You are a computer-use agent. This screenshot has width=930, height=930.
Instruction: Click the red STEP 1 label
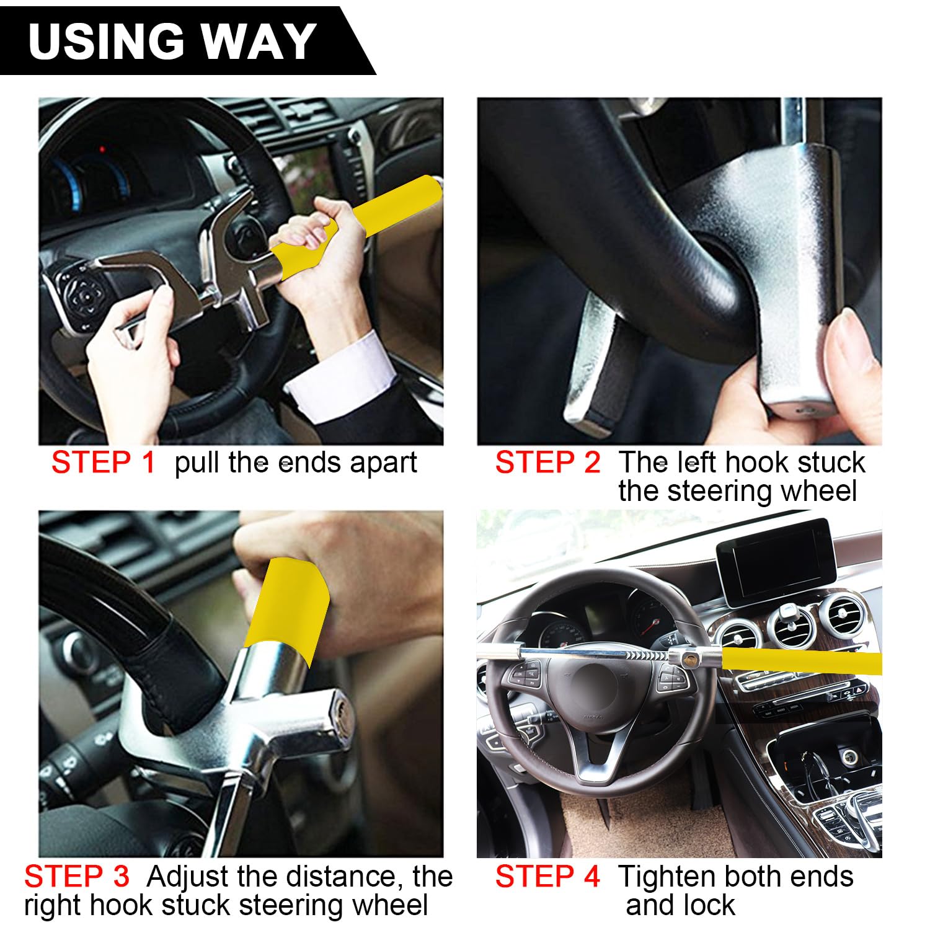click(103, 463)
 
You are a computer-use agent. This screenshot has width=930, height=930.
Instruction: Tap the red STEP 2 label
click(547, 463)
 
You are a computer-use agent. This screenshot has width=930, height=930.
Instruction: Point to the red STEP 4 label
click(547, 877)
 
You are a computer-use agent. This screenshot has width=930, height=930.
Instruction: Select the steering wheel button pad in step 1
click(84, 291)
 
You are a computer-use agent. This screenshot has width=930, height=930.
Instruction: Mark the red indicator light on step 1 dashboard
click(102, 149)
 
